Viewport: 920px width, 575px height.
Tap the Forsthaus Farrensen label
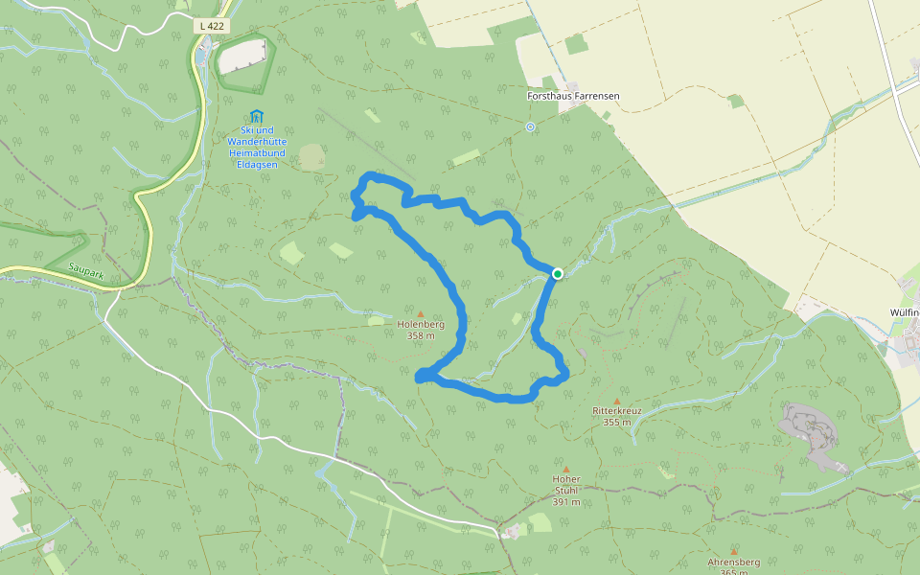pyautogui.click(x=573, y=97)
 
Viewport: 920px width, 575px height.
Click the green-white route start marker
pyautogui.click(x=557, y=274)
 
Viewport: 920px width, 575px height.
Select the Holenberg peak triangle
pyautogui.click(x=421, y=313)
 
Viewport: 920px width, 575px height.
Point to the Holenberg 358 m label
pyautogui.click(x=421, y=330)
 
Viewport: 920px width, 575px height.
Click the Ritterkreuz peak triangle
pyautogui.click(x=616, y=401)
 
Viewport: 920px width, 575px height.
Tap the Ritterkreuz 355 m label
pyautogui.click(x=616, y=416)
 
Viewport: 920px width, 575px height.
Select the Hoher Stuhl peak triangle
pyautogui.click(x=565, y=470)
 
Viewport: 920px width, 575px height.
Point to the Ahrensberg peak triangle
pyautogui.click(x=733, y=551)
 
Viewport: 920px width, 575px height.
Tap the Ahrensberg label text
pyautogui.click(x=733, y=563)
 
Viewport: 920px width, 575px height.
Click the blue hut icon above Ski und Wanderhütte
pyautogui.click(x=256, y=116)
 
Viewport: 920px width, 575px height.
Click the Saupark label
pyautogui.click(x=86, y=272)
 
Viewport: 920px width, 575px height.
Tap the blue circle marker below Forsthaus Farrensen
pyautogui.click(x=530, y=126)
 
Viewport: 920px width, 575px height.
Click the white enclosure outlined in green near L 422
pyautogui.click(x=242, y=57)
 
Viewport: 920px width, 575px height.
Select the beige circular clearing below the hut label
pyautogui.click(x=312, y=157)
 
